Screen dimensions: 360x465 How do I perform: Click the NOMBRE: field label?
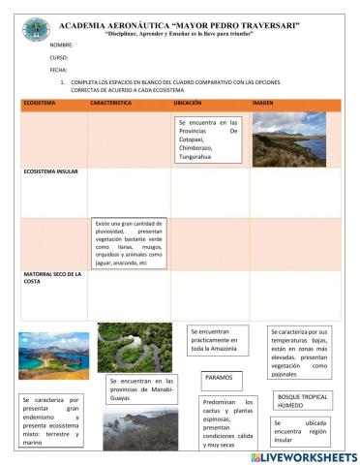click(x=61, y=45)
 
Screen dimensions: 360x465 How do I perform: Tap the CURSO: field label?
click(x=59, y=57)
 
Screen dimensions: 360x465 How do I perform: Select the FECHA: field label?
click(x=58, y=70)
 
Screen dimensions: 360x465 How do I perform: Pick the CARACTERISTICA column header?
click(x=110, y=102)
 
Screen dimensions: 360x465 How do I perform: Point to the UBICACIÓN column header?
click(x=188, y=102)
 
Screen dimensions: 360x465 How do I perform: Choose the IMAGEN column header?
click(x=263, y=102)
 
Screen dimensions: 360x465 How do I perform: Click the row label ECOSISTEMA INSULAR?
click(x=52, y=170)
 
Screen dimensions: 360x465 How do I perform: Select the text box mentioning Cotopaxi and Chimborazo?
click(x=208, y=141)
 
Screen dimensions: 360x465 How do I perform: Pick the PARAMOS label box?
click(x=219, y=377)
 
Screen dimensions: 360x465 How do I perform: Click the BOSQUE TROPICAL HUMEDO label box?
click(x=303, y=400)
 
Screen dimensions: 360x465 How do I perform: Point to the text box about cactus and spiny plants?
click(x=228, y=423)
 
